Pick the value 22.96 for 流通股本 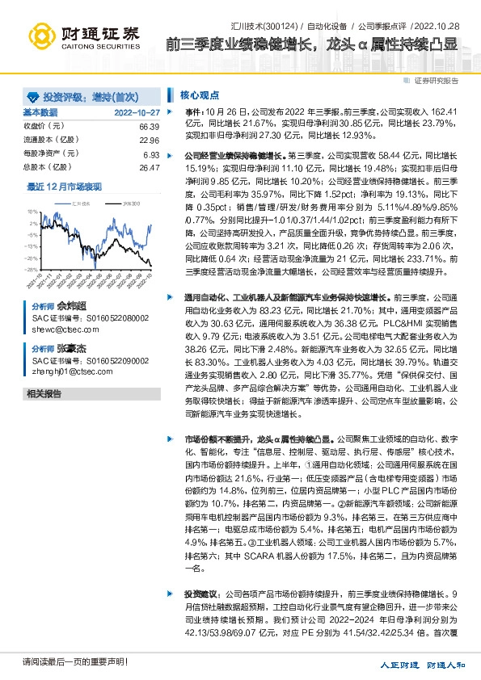click(149, 140)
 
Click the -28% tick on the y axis click(31, 247)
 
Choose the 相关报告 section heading click(44, 393)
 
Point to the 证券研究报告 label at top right click(436, 81)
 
